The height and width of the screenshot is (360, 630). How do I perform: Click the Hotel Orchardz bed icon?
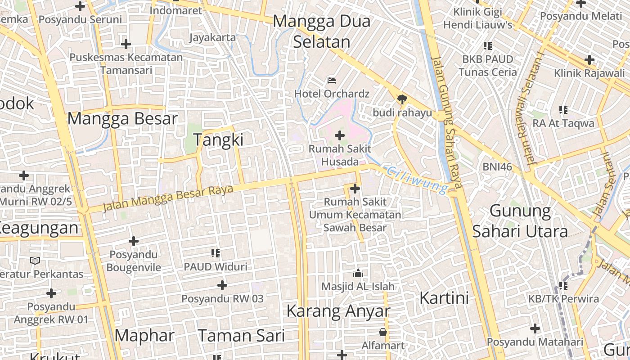[x=332, y=81]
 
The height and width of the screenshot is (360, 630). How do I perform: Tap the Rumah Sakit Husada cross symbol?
[x=340, y=135]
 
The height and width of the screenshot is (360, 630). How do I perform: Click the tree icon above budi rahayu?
[x=402, y=99]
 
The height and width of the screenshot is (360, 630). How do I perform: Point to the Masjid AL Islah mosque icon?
[x=358, y=273]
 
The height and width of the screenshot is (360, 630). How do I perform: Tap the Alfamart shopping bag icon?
[x=383, y=332]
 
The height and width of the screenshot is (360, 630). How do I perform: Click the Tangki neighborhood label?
[x=218, y=139]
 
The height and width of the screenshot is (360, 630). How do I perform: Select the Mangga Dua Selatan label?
[x=321, y=31]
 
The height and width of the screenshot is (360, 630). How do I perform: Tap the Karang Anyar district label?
[x=337, y=311]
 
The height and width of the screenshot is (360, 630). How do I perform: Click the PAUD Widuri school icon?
[x=216, y=253]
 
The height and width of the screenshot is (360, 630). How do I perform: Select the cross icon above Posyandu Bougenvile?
[x=134, y=241]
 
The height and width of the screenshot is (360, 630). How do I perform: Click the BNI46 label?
[x=497, y=167]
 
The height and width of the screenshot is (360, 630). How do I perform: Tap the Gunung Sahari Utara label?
[x=520, y=221]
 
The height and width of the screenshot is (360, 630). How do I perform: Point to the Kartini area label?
[x=444, y=298]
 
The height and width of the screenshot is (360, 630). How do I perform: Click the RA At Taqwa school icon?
[x=563, y=109]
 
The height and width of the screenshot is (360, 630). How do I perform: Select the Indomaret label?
[x=176, y=10]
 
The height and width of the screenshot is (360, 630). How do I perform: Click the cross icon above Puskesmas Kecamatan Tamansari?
[x=126, y=44]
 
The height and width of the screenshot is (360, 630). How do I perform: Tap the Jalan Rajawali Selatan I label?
[x=533, y=108]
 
